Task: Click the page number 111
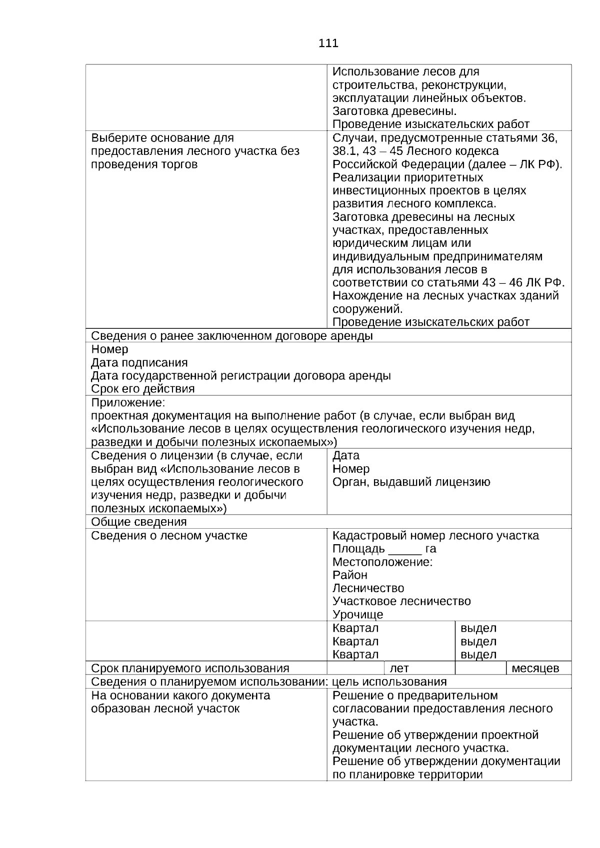[328, 43]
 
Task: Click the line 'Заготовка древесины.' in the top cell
[394, 111]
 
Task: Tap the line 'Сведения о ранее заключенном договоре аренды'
[232, 336]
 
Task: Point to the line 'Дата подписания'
[139, 362]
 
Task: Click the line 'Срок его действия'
[143, 388]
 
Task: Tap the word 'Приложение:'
[128, 402]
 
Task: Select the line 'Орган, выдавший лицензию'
[411, 482]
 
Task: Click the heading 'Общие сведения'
[139, 522]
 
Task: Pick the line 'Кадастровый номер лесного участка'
[435, 536]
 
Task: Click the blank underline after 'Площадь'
[405, 550]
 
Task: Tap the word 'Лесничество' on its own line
[368, 588]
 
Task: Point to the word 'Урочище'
[358, 614]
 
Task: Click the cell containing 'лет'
[419, 668]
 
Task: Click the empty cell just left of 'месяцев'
[480, 668]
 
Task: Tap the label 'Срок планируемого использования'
[190, 668]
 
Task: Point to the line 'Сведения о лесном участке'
[169, 536]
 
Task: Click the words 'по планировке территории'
[407, 775]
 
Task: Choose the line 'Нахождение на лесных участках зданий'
[445, 296]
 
